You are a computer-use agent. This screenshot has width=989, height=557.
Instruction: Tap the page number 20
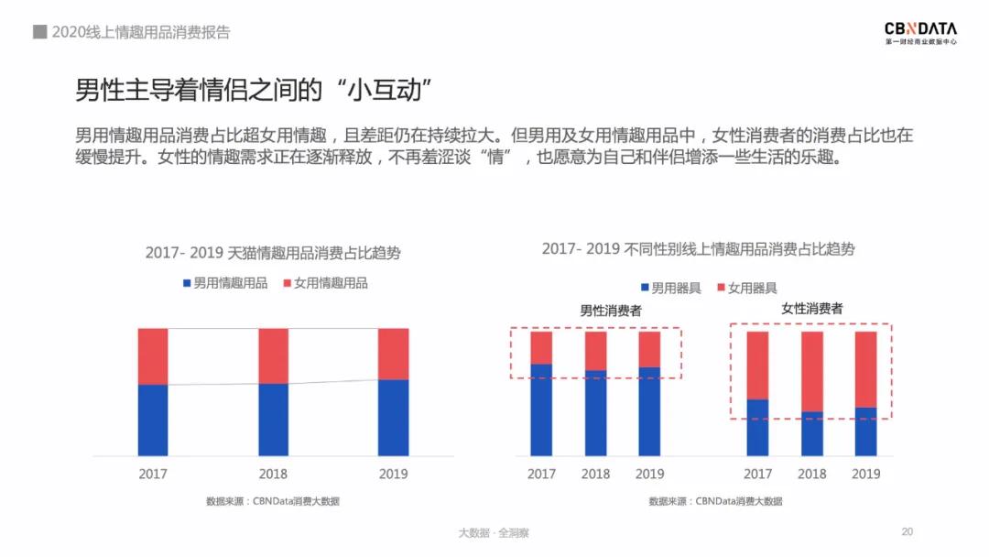907,531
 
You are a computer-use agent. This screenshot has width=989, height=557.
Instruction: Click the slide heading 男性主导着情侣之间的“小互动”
253,91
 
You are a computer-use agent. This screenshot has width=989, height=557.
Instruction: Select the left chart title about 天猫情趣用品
272,253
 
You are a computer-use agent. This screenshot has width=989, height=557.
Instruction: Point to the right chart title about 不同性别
698,248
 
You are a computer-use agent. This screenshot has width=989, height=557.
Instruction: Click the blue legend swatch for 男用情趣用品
187,283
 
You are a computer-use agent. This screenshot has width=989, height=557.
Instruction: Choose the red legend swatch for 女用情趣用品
288,283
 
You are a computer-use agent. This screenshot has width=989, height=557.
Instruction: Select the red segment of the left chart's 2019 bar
393,354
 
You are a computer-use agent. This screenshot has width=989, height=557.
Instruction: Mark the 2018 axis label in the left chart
273,474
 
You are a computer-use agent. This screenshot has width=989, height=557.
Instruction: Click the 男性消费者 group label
611,311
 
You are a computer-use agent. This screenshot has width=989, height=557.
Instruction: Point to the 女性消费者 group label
811,309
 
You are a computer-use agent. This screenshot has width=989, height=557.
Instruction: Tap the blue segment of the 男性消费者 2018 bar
595,412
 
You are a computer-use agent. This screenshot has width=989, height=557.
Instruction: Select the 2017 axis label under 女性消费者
757,474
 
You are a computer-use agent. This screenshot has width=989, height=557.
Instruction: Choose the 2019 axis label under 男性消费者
649,474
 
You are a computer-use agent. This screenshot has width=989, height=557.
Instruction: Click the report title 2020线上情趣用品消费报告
141,32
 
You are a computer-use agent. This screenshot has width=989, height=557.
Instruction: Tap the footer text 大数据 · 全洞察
494,532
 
